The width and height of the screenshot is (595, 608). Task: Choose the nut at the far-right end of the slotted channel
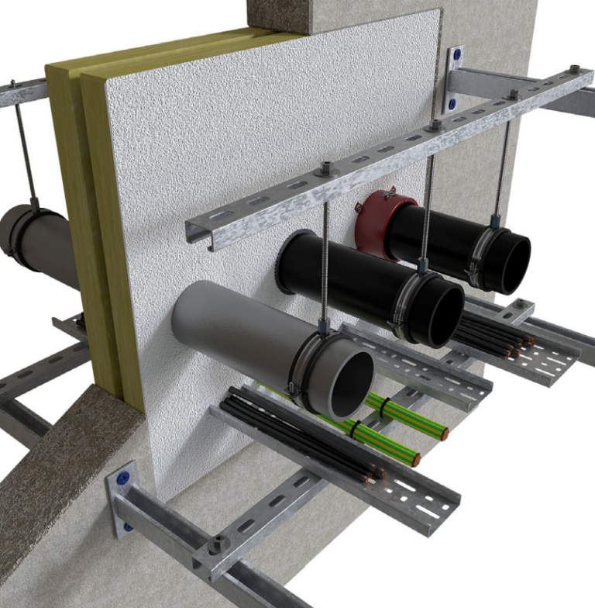(574, 69)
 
